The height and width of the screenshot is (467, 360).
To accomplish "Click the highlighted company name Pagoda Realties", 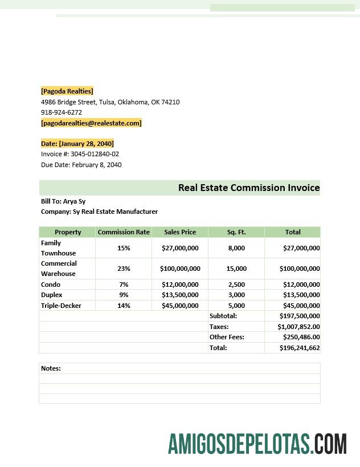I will point(67,91).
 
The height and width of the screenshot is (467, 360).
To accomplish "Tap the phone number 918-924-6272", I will point(62,112).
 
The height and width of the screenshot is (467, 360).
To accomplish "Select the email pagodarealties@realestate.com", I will point(91,123).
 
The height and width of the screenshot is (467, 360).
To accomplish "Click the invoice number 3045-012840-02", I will point(95,154).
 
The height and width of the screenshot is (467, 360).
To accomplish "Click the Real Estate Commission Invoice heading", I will point(249,188).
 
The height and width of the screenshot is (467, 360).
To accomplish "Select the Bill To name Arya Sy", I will point(74,201).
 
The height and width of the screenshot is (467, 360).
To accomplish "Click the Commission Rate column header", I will point(124,232).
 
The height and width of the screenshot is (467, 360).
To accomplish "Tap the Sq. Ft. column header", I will point(236,232).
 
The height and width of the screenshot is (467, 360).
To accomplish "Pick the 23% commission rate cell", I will point(124,269).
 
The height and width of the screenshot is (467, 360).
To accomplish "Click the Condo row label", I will point(51,285).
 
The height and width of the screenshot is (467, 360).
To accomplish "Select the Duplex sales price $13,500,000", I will point(180,295).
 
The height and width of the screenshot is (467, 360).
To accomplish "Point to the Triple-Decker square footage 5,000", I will point(236,306).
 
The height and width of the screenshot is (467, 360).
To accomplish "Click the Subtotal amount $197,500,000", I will point(299,316).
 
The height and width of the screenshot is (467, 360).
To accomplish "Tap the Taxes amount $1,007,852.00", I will point(298,327).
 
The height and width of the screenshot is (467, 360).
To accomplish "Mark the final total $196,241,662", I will point(299,348).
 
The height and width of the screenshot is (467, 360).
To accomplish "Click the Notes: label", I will point(51,368).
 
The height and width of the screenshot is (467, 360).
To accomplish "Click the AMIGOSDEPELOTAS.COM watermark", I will point(257,444).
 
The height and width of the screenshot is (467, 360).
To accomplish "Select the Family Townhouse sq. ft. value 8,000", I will point(236,248).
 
